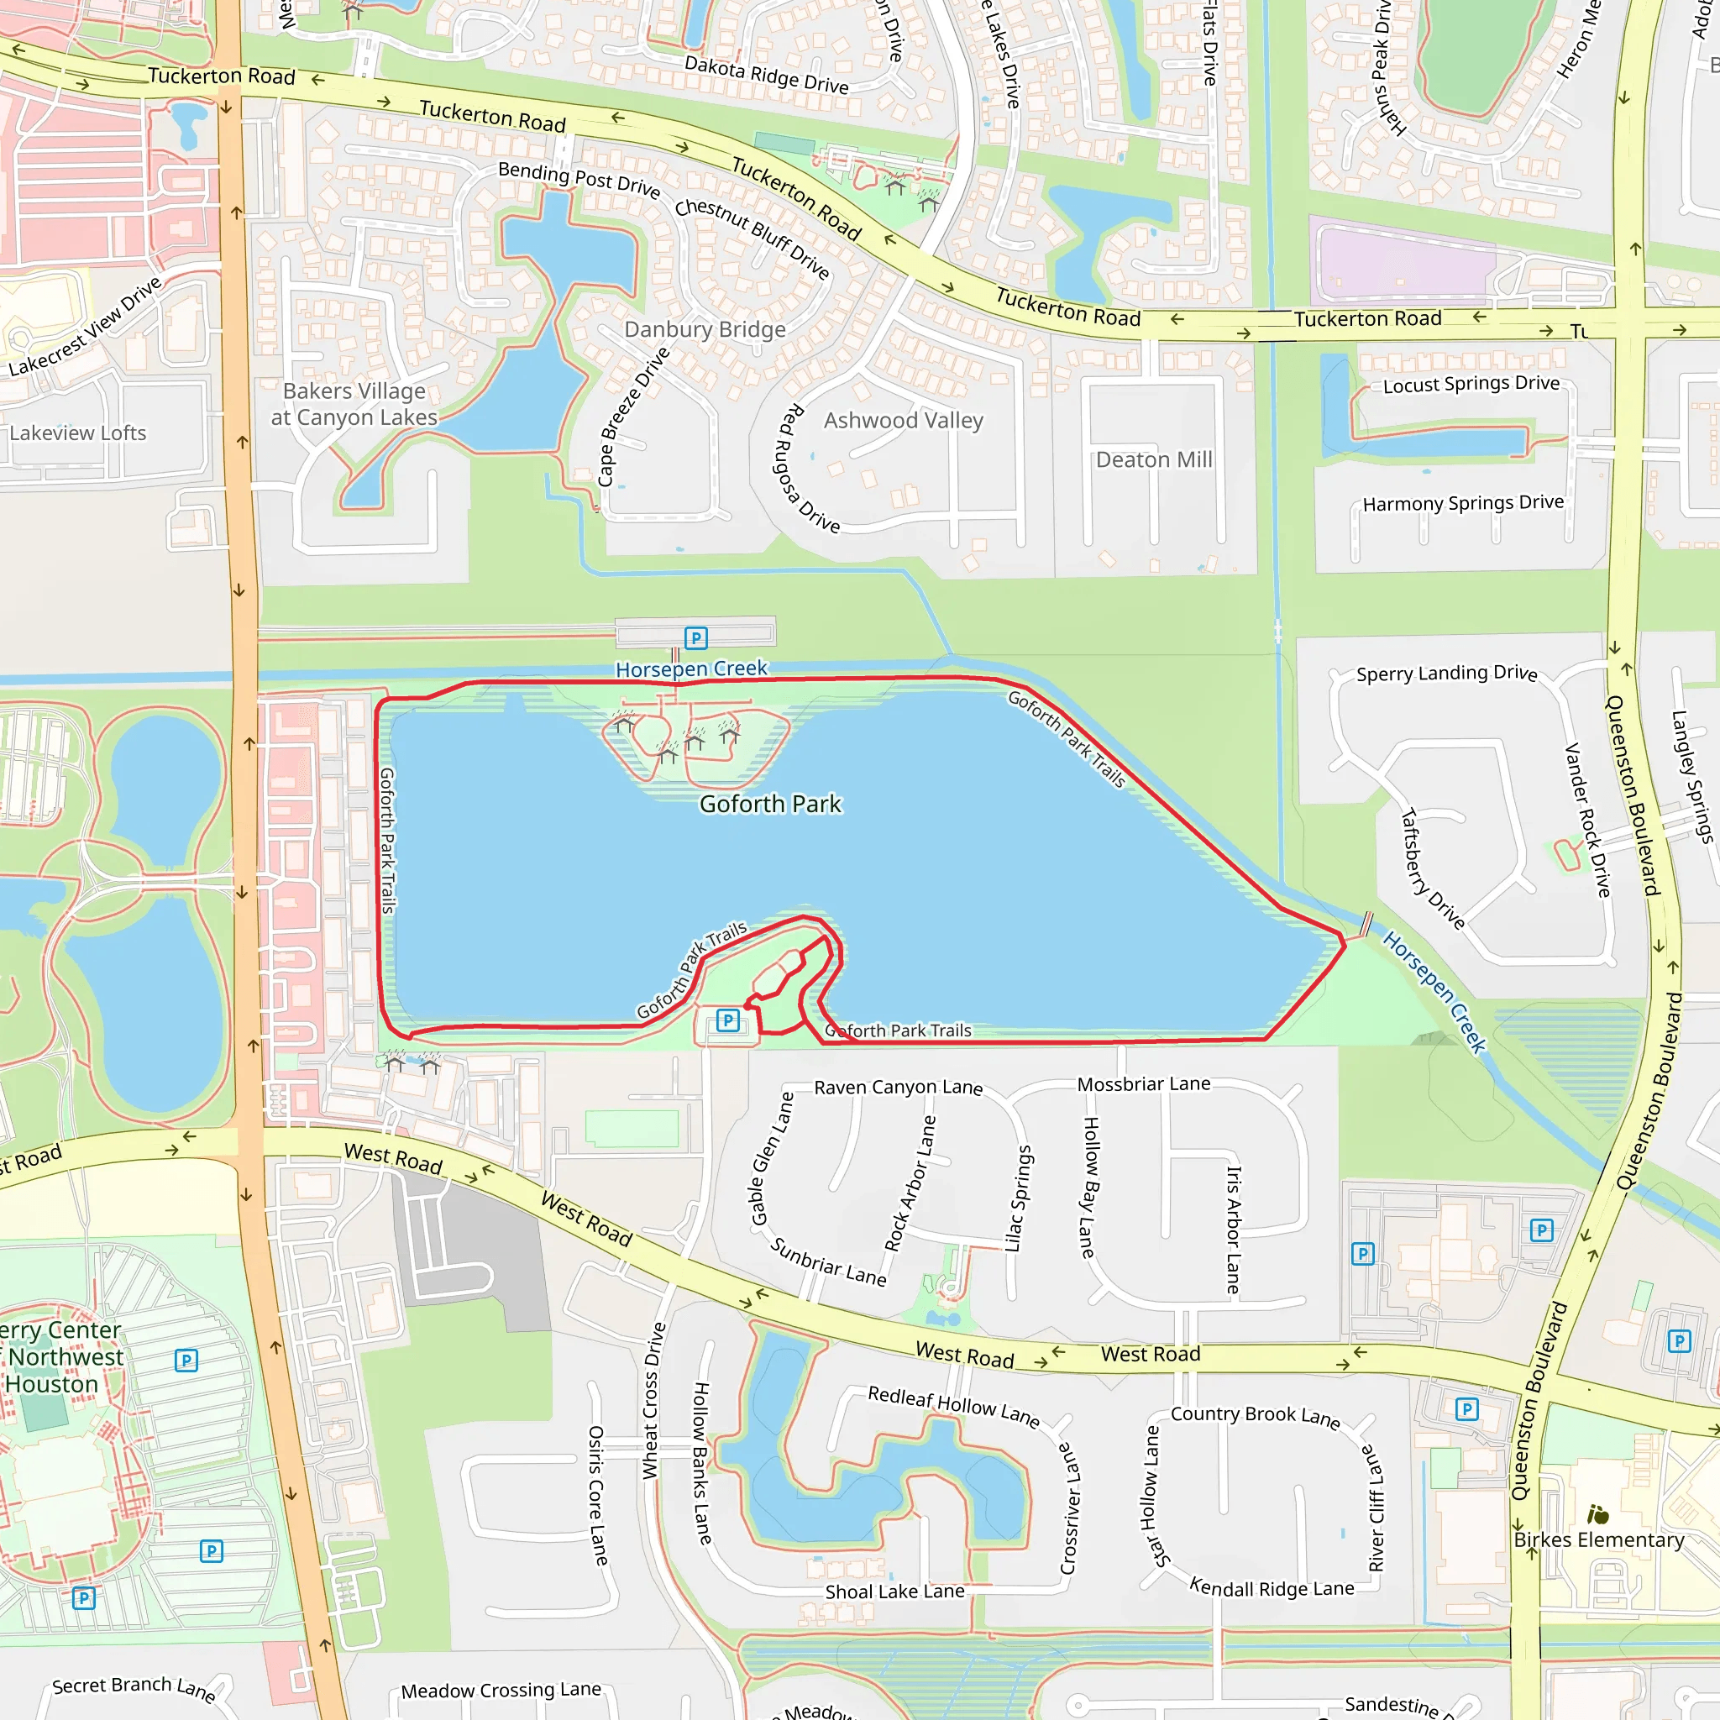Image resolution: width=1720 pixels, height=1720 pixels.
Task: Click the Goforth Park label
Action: (770, 804)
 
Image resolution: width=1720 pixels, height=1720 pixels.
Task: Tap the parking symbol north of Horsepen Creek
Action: (695, 637)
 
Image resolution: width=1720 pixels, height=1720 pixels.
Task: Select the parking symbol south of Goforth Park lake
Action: (727, 1020)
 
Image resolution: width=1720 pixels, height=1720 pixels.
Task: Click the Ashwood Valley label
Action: (903, 420)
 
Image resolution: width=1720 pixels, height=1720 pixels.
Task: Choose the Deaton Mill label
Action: (1154, 459)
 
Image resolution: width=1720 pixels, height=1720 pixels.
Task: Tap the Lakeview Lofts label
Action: (77, 433)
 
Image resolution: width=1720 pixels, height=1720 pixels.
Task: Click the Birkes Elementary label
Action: (1599, 1539)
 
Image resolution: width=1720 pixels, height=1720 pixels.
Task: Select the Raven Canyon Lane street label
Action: (898, 1087)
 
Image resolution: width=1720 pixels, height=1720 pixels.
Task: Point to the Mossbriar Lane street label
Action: (1143, 1083)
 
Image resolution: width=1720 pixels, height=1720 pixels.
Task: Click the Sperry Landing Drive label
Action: (1446, 673)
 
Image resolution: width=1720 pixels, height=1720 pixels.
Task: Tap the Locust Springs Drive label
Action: (1471, 384)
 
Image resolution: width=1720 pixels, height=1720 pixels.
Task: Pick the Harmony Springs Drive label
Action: (1463, 503)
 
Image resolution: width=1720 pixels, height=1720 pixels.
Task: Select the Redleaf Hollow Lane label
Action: (953, 1406)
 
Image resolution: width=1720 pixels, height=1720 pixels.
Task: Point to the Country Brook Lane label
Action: (1255, 1415)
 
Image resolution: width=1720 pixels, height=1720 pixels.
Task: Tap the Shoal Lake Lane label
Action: (894, 1592)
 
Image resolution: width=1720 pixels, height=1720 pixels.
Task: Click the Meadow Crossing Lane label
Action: (501, 1690)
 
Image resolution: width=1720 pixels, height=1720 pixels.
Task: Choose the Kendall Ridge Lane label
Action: (1272, 1589)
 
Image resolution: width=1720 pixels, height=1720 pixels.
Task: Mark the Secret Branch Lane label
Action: (134, 1687)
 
